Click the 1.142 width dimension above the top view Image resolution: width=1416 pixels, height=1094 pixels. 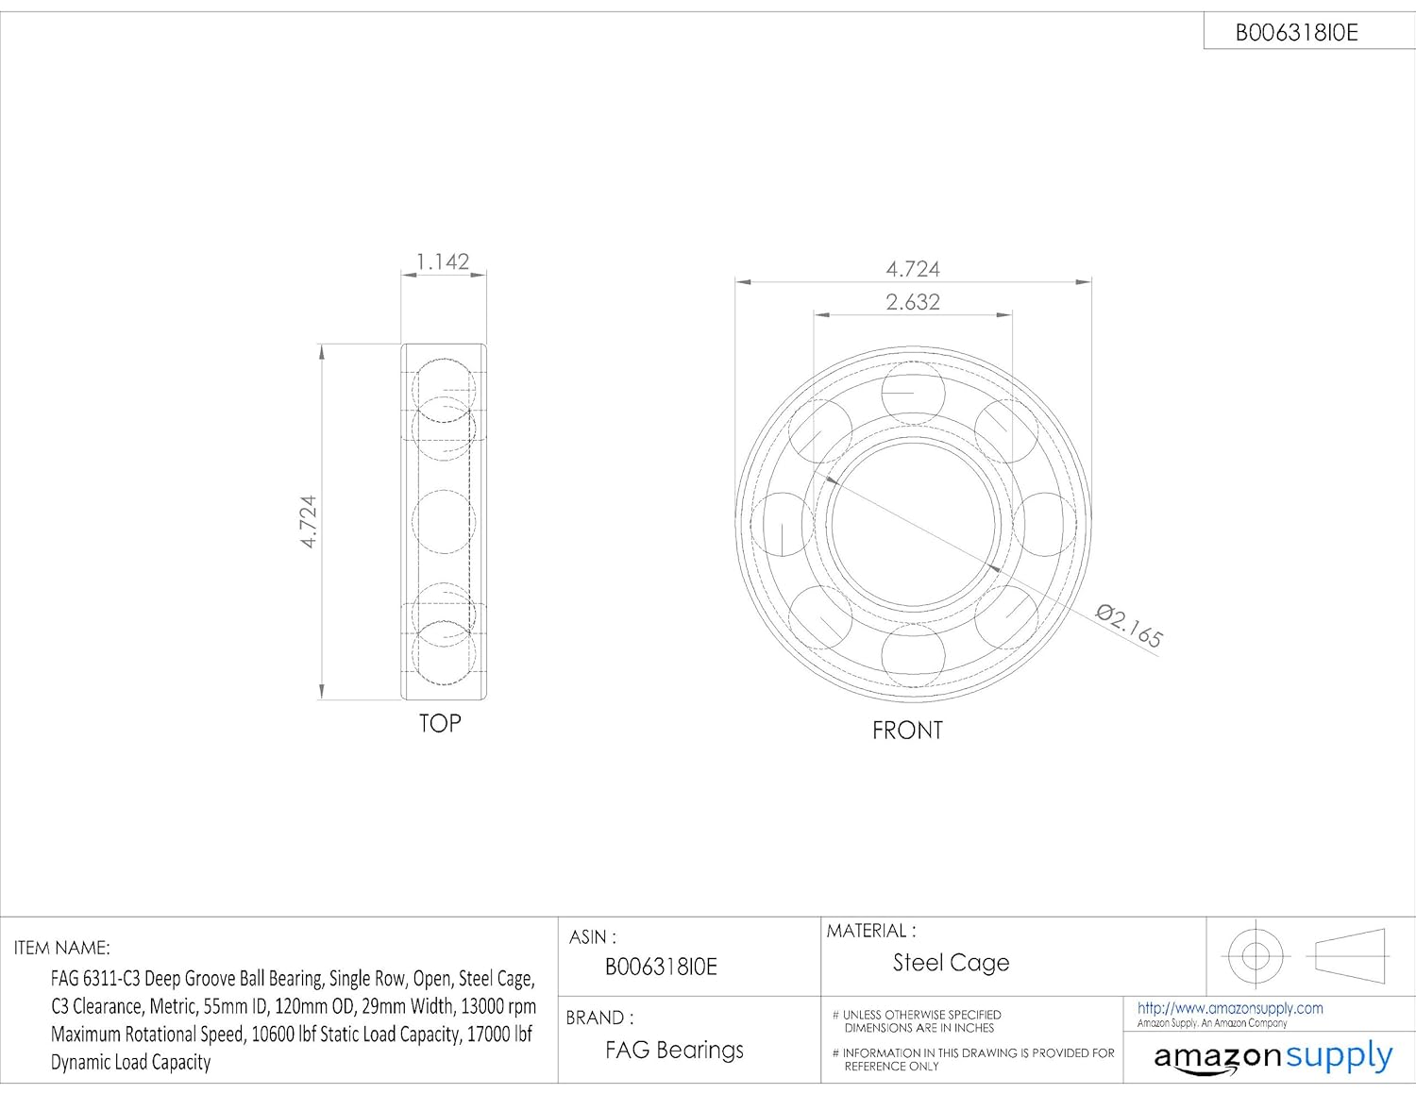point(443,261)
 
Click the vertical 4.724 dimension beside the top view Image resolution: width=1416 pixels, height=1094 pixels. point(309,521)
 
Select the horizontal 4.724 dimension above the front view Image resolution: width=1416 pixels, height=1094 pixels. point(913,269)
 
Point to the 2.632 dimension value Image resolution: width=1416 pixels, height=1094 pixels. point(913,302)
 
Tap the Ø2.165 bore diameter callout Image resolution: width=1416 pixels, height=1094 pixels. point(1129,625)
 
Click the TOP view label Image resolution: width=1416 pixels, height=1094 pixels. point(440,724)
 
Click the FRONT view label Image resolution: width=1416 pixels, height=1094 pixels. point(907,731)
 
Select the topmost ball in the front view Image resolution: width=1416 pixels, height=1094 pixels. point(913,392)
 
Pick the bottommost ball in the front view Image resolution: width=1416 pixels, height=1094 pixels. point(913,654)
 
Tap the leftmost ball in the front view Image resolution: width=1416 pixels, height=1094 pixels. point(784,524)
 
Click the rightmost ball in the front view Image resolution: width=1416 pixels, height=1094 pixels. point(1044,524)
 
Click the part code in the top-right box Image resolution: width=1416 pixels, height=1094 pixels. point(1296,33)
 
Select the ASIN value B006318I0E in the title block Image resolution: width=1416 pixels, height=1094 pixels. point(661,968)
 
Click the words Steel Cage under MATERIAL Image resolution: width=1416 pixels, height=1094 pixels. point(951,963)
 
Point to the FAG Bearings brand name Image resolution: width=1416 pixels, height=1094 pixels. point(674,1050)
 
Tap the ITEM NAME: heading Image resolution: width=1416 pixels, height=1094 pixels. point(62,948)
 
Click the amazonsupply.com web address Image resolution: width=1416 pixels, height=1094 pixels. point(1230,1008)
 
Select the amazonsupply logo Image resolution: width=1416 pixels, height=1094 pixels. point(1273,1056)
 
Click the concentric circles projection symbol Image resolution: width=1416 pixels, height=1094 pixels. point(1256,956)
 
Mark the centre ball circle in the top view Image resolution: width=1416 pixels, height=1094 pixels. point(444,522)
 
